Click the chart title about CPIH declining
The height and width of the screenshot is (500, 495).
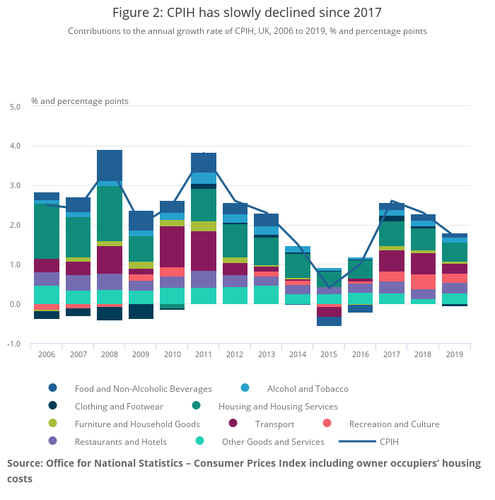point(247,12)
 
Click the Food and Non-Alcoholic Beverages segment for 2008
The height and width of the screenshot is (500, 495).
point(110,165)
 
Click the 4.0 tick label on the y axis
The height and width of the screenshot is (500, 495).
point(15,146)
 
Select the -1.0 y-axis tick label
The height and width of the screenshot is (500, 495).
point(14,344)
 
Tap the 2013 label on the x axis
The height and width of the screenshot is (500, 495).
point(267,354)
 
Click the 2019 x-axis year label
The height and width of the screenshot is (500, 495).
point(455,354)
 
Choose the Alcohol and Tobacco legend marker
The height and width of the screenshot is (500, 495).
point(245,388)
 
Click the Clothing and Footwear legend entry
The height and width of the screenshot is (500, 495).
point(119,407)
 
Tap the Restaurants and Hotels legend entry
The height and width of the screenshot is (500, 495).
point(121,442)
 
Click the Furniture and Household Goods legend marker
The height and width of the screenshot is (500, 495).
point(53,424)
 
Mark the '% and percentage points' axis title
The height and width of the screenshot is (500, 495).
point(80,101)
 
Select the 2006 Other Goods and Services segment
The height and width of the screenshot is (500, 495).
point(47,295)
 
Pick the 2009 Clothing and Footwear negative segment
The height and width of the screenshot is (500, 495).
point(141,311)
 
